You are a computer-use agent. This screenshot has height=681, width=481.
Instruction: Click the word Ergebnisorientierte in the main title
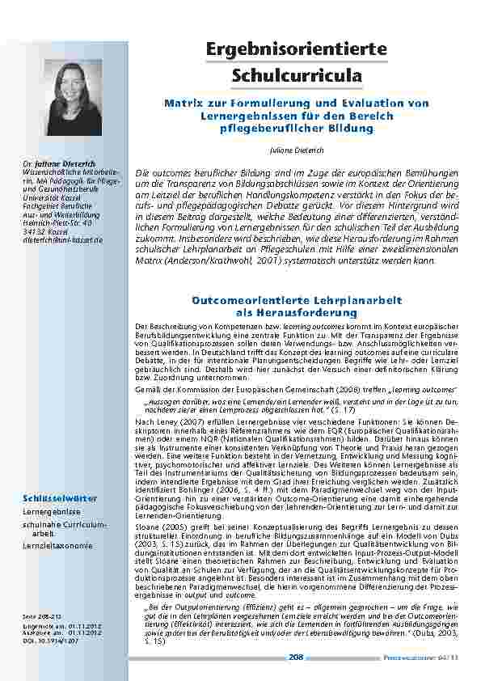pos(297,49)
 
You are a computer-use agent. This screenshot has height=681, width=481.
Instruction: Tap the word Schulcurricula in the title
pos(297,76)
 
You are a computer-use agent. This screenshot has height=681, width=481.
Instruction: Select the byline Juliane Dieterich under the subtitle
pos(297,150)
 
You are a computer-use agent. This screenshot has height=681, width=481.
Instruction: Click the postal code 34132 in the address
pos(35,231)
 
